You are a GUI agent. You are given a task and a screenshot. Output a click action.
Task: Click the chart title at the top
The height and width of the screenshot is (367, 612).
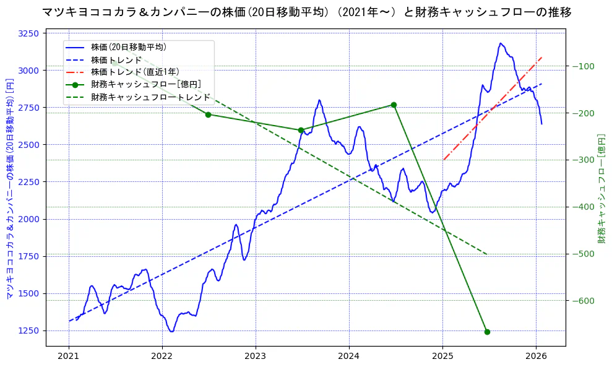306,12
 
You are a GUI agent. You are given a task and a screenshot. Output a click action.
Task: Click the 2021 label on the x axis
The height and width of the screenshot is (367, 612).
69,356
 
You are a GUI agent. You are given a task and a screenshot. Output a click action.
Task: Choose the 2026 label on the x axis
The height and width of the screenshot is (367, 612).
536,356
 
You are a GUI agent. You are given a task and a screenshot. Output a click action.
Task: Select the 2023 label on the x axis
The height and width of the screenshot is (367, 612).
256,356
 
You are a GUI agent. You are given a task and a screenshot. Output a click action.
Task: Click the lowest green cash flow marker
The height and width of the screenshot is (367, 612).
487,332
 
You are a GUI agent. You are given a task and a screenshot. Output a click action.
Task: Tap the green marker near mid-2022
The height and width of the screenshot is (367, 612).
208,114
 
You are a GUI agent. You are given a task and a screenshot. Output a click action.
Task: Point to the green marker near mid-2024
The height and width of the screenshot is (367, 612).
394,105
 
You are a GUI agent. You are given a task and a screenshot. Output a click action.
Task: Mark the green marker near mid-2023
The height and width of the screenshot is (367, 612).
301,130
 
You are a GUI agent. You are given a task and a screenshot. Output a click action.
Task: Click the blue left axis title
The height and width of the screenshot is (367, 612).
9,188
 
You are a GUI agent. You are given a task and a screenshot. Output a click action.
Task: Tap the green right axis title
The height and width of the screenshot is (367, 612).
601,188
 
